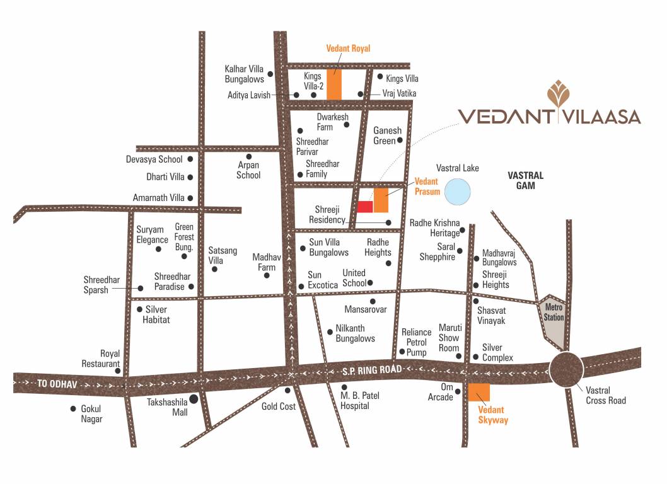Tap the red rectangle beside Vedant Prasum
tap(365, 206)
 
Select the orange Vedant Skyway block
tap(479, 391)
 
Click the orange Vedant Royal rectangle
tap(334, 84)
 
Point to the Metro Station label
tap(554, 313)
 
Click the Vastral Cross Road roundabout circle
tap(566, 369)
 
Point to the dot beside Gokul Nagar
tap(73, 408)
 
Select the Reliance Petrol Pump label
tap(416, 342)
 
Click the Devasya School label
tap(154, 159)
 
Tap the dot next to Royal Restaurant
tap(118, 371)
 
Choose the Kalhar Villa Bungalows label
tap(244, 74)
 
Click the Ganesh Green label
tap(384, 135)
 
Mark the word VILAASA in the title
tap(601, 117)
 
